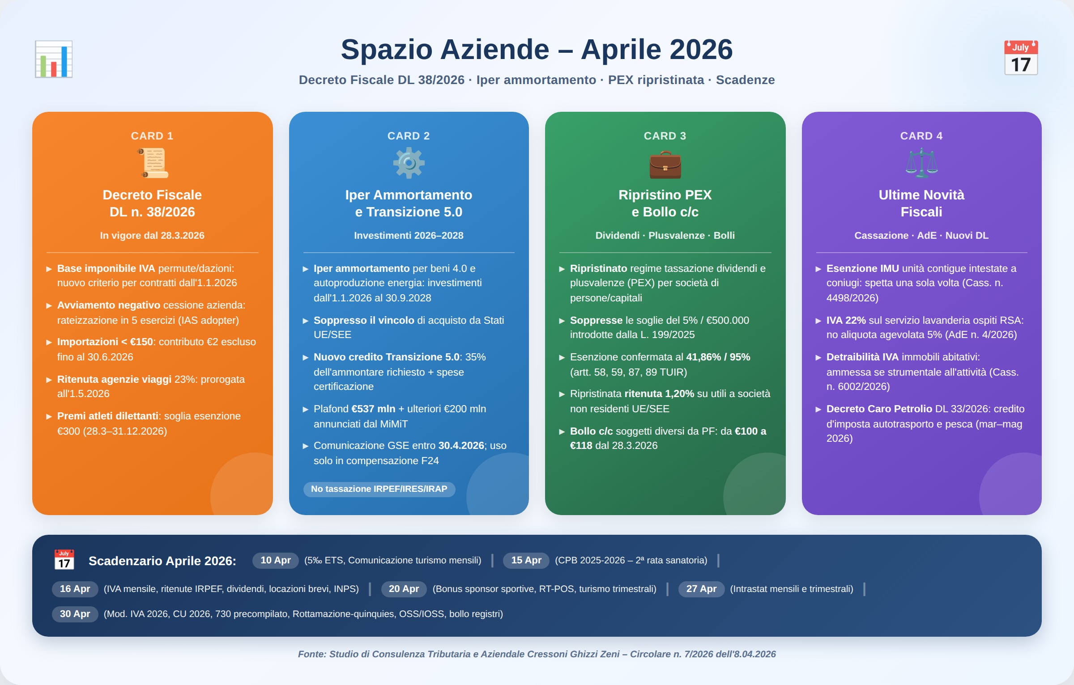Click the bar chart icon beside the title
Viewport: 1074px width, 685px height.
pos(54,59)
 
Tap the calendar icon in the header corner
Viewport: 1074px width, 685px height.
pos(1021,58)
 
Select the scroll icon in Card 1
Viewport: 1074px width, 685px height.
pos(153,163)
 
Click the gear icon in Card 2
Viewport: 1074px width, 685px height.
pos(409,163)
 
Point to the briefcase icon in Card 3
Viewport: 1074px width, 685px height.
pos(665,165)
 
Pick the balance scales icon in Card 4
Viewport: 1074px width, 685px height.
pos(921,163)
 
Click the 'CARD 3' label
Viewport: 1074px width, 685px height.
pos(665,136)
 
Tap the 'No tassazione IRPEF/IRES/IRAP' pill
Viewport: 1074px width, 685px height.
pos(379,489)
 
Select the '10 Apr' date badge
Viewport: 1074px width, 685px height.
pos(276,560)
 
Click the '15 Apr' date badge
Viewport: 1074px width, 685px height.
pos(526,560)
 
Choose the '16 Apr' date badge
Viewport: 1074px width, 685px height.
pos(75,589)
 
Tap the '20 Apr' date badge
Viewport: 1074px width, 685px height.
pos(404,589)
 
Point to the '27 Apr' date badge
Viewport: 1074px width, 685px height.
pos(701,589)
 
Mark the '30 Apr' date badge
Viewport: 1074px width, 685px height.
pos(75,614)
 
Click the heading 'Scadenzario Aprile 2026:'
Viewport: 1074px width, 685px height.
pos(162,561)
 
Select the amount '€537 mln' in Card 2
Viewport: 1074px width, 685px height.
pos(373,409)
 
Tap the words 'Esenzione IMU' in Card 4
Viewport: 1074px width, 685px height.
pos(862,269)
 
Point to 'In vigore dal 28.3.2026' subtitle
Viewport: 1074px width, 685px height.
pos(152,236)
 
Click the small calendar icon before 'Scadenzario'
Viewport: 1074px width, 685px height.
pos(64,560)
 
